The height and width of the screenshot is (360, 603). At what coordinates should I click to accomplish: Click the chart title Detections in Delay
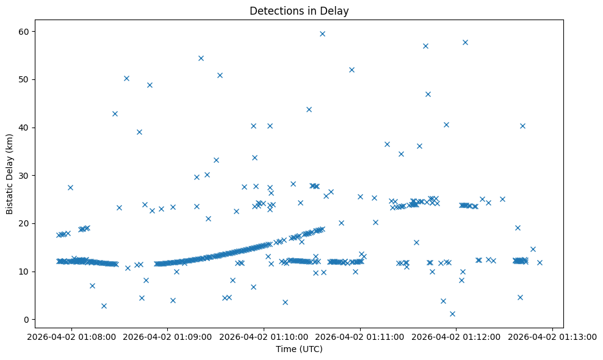click(x=299, y=10)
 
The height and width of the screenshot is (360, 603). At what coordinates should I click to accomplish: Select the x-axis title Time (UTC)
click(x=299, y=349)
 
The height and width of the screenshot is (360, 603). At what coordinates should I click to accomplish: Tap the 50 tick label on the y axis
click(x=40, y=79)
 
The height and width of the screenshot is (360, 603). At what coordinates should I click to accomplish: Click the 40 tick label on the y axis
click(x=40, y=128)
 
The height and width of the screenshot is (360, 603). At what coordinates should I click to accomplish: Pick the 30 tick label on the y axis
click(x=40, y=175)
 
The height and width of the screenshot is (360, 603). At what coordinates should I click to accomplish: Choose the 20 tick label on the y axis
click(x=40, y=223)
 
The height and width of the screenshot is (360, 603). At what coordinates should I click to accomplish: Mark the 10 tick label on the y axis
click(x=40, y=272)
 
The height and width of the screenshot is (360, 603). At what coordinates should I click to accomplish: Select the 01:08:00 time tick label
click(x=71, y=336)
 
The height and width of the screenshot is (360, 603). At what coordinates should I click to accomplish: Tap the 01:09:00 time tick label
click(x=168, y=336)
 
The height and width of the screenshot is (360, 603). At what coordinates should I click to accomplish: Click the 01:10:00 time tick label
click(x=264, y=336)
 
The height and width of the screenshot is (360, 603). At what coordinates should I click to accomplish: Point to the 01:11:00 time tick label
click(x=360, y=336)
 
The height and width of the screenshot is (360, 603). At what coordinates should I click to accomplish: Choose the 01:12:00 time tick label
click(x=457, y=336)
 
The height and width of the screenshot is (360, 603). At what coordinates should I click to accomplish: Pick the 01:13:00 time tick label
click(x=553, y=336)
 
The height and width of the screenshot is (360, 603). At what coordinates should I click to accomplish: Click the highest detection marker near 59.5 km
click(x=322, y=34)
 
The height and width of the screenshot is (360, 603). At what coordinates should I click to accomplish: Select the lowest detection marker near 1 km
click(x=452, y=314)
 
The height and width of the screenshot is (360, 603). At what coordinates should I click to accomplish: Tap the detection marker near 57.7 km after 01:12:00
click(x=465, y=42)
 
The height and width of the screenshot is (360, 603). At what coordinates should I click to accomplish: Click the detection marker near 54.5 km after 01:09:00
click(x=201, y=58)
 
